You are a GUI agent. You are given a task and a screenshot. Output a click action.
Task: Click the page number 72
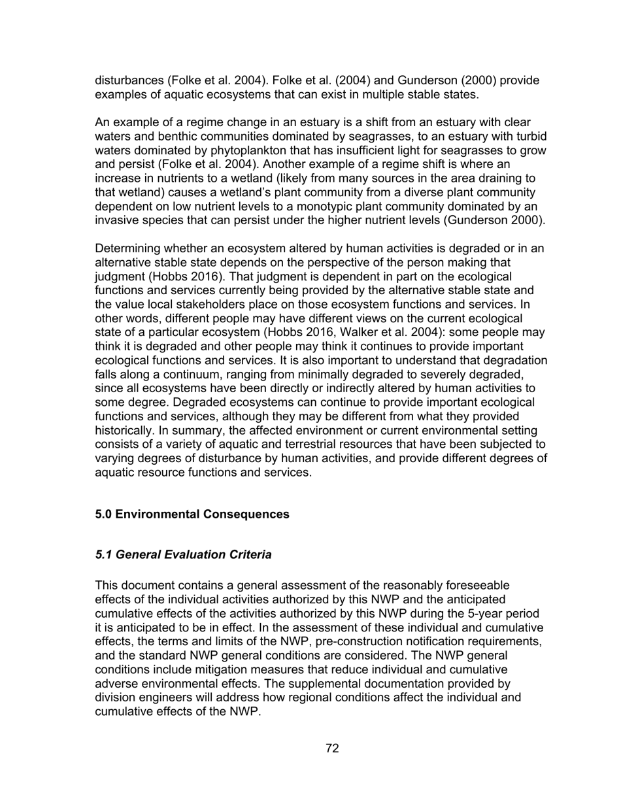pyautogui.click(x=332, y=748)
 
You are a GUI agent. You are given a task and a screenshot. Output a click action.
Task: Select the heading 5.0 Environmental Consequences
pyautogui.click(x=192, y=514)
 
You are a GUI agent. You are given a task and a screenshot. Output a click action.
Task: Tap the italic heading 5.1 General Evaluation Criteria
pyautogui.click(x=183, y=555)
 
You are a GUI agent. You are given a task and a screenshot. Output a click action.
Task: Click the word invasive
pyautogui.click(x=117, y=220)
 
